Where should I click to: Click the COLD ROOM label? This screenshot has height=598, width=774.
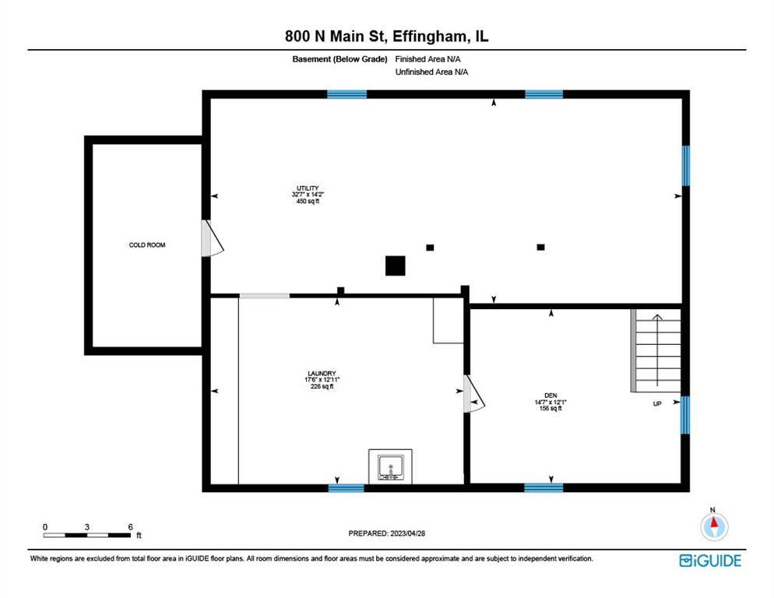point(147,245)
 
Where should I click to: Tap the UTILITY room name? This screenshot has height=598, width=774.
point(305,188)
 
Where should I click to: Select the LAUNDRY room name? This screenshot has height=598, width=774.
point(322,373)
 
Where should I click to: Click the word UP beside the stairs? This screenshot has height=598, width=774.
point(656,404)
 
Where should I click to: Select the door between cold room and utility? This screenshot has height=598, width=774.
point(211,238)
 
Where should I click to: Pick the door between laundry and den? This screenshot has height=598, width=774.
point(473,394)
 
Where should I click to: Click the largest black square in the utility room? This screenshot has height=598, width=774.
point(396,266)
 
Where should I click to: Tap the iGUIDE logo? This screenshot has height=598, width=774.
point(710,560)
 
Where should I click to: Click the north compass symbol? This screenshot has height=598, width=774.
point(713,527)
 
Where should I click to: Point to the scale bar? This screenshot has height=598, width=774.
point(87,535)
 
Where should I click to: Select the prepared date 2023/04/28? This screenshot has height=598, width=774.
point(387,533)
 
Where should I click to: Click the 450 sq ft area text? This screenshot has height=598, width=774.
point(305,201)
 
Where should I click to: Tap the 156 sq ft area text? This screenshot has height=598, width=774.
point(551,408)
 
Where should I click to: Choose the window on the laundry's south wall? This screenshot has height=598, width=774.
point(346,488)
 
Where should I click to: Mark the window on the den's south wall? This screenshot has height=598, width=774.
point(544,488)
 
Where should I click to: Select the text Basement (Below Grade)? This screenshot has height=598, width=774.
point(340,58)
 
